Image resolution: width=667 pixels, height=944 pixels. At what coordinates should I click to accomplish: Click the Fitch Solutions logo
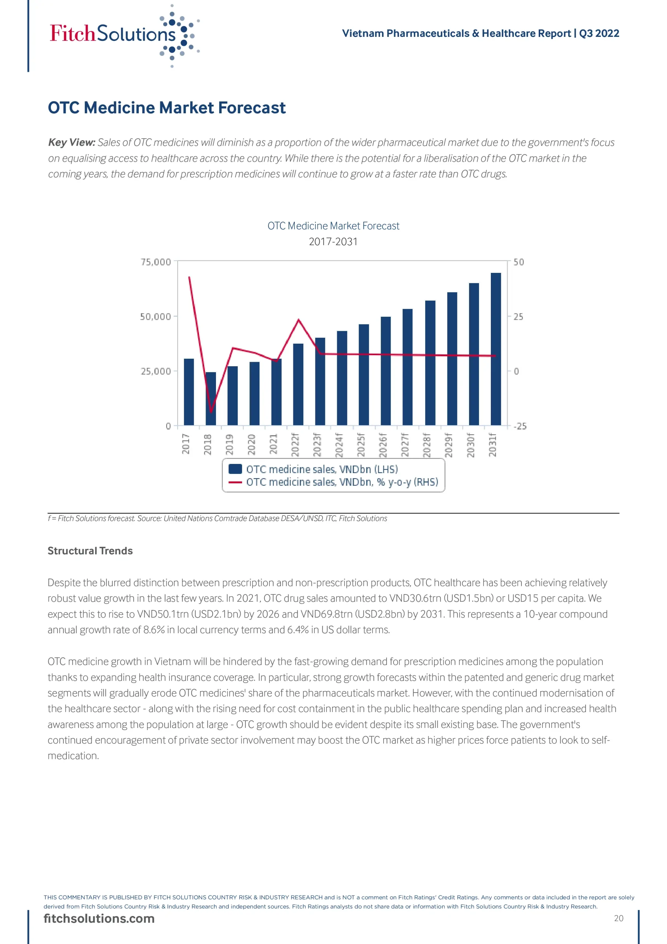[123, 35]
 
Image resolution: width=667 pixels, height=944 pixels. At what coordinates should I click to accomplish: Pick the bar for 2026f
[385, 371]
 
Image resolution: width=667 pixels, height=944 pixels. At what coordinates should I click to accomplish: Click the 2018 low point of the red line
[211, 411]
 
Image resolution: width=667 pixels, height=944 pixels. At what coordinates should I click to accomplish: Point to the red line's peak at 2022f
[298, 319]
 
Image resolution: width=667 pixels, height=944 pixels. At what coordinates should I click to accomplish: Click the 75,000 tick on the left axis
[156, 262]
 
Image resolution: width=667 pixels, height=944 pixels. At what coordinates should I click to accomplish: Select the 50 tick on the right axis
[518, 262]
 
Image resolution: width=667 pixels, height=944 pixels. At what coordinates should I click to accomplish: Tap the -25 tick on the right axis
[520, 426]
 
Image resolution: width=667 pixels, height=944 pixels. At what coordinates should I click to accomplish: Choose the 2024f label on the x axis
[339, 444]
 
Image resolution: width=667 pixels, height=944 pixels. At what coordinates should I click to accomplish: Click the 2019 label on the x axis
[229, 444]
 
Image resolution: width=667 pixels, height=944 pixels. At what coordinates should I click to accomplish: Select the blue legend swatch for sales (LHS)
[235, 469]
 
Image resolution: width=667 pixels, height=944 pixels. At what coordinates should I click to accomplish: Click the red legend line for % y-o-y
[235, 482]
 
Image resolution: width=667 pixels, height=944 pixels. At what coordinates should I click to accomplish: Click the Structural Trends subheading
[90, 551]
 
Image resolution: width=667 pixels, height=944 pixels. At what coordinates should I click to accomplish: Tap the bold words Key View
[71, 142]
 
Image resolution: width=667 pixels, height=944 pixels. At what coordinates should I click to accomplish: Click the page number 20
[618, 918]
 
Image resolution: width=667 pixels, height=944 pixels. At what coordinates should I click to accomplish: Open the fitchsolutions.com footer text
[99, 919]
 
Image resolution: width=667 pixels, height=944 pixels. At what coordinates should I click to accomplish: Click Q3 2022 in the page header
[599, 33]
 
